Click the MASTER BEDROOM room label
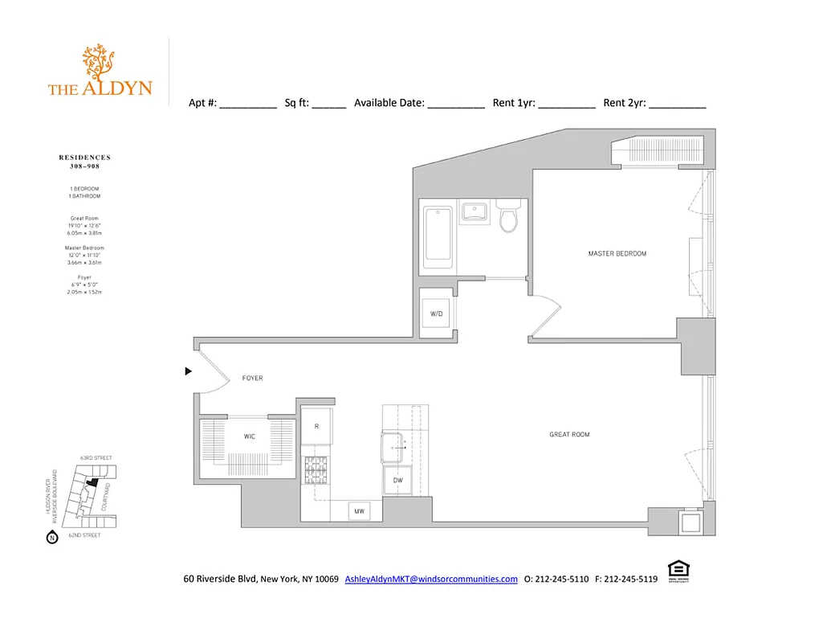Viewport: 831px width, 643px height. (617, 254)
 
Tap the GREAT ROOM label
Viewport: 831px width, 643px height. (569, 435)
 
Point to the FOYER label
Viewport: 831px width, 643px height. (252, 379)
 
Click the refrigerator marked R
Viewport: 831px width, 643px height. (317, 427)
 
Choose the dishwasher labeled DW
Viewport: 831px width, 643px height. (398, 481)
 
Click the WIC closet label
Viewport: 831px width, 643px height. (250, 437)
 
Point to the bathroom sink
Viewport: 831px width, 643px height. (474, 213)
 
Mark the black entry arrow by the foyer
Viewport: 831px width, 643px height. (189, 371)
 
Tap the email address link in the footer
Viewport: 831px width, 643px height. (431, 579)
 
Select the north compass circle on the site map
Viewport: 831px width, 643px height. (52, 538)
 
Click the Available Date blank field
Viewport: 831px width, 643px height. (455, 104)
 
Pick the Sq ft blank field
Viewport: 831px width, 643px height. (328, 104)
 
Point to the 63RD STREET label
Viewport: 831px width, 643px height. (96, 458)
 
